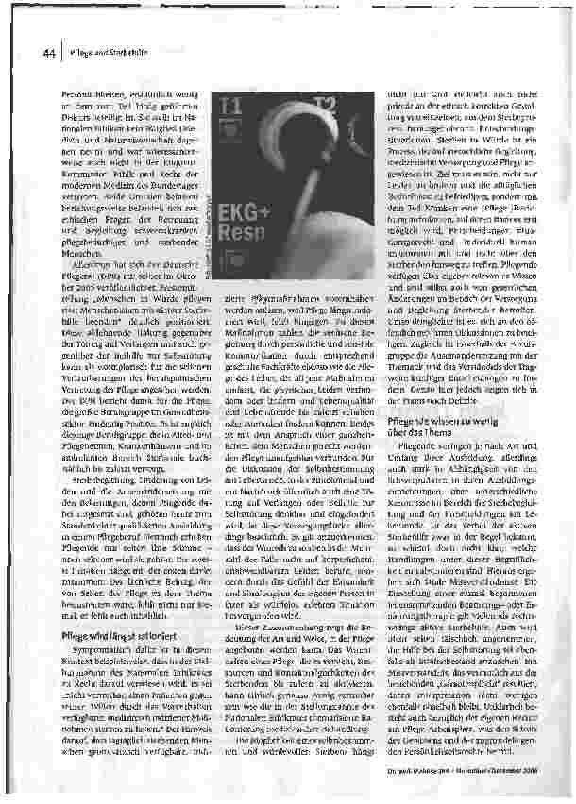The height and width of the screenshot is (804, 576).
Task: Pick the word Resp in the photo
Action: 246,238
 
